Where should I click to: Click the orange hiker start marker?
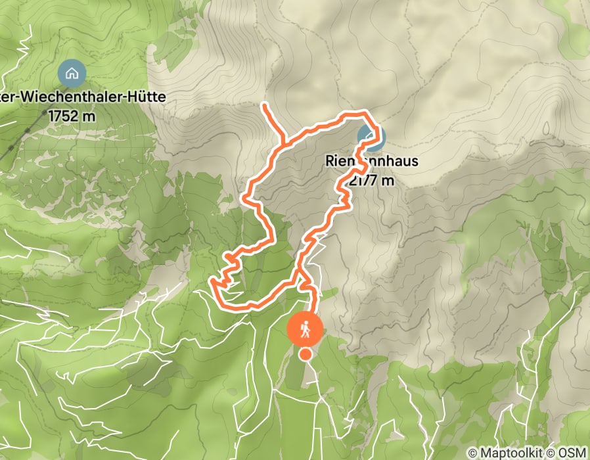pos(305,328)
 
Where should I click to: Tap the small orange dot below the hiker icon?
pos(306,355)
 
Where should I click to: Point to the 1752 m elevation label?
pos(72,116)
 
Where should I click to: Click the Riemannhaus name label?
pos(372,161)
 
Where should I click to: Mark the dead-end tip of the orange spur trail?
pos(263,104)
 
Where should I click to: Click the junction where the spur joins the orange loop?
pos(283,141)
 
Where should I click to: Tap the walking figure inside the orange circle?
pos(305,328)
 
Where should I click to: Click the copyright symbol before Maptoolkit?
pos(472,453)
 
